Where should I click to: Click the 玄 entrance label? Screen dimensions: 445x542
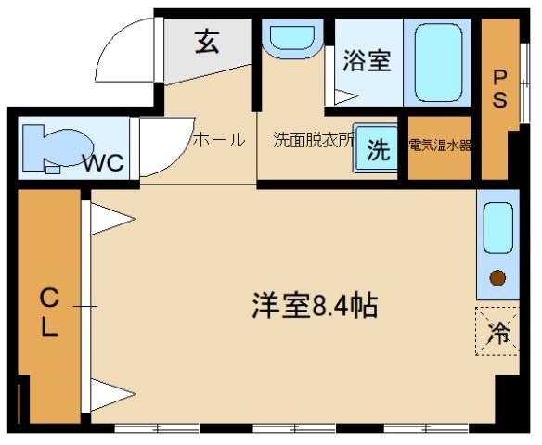point(206,43)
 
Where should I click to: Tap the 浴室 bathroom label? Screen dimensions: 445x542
point(366,61)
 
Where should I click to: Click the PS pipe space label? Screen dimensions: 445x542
point(499,89)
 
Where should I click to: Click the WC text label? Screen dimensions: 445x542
point(103,163)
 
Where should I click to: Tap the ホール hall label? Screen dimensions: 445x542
point(218,140)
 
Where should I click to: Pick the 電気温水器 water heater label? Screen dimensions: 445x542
point(440,146)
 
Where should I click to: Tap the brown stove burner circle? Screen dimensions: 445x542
point(497,276)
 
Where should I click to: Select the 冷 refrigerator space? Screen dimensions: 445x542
point(498,330)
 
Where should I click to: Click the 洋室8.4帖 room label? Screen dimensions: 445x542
point(315,305)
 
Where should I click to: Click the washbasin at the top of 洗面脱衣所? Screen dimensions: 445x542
point(291,38)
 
